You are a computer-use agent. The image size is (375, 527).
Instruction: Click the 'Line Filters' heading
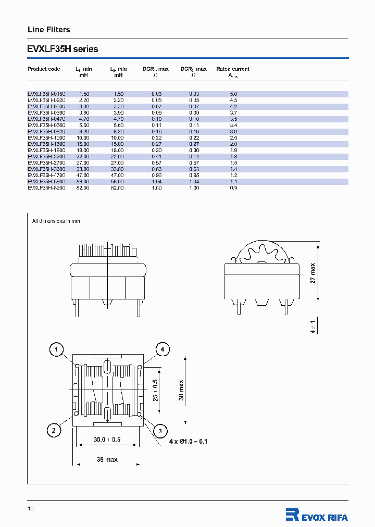pos(48,30)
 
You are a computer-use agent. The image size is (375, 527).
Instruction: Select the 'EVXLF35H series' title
pos(63,49)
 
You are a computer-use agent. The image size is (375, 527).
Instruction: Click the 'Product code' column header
pos(44,69)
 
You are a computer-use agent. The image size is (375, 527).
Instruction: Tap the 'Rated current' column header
pos(233,69)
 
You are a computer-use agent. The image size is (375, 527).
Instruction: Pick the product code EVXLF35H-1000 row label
pos(46,137)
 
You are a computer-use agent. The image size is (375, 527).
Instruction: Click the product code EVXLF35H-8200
pos(46,187)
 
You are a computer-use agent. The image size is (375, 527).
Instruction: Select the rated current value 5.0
pos(233,94)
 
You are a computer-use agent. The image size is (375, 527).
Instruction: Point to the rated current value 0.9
pos(233,187)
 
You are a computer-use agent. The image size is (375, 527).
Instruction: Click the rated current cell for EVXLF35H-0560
pos(233,125)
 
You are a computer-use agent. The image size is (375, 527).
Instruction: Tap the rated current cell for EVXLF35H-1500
pos(233,144)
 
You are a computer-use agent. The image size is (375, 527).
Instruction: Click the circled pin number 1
pos(57,349)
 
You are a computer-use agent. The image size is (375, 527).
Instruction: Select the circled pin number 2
pos(53,430)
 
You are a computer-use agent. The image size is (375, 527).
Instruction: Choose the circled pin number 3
pos(160,430)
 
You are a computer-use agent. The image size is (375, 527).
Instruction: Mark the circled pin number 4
pos(162,349)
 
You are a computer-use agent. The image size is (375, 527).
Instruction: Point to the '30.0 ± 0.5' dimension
pos(107,440)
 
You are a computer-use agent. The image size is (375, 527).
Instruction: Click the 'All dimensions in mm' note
pos(56,221)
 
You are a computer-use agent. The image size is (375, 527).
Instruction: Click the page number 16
pos(30,508)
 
